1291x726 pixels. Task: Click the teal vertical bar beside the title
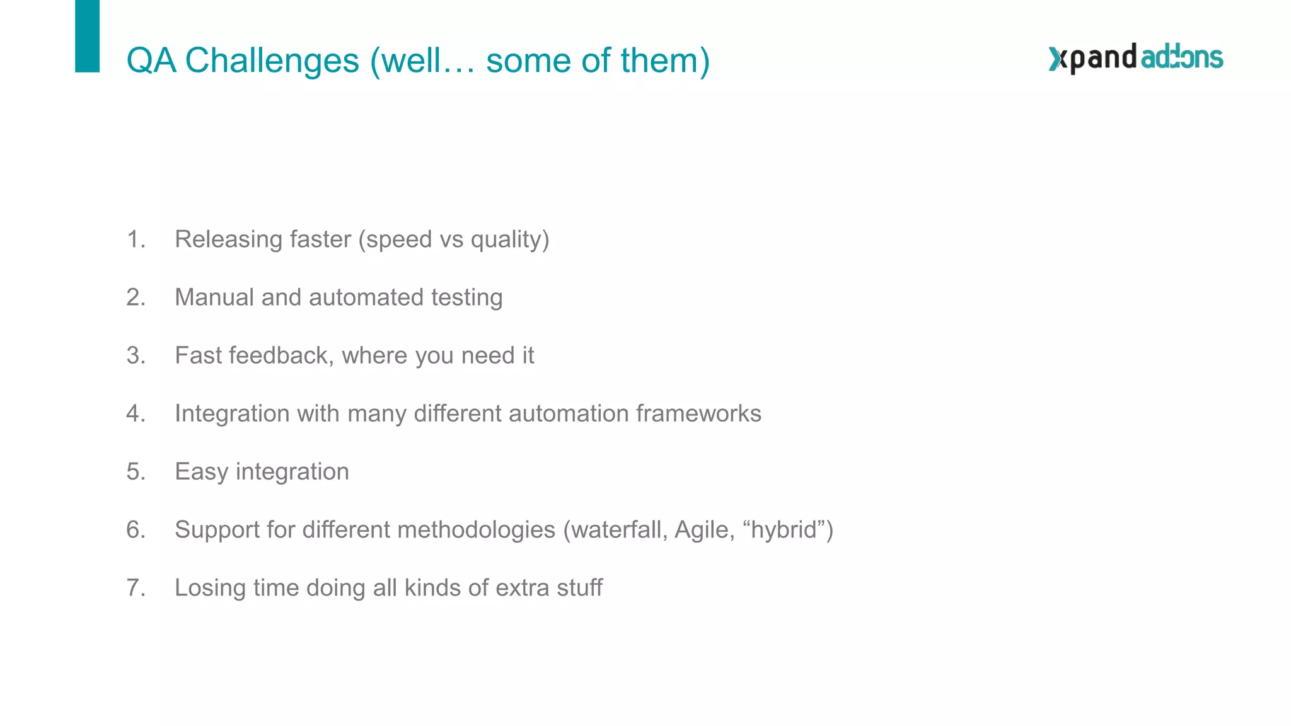[87, 36]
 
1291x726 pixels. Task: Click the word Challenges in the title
[272, 61]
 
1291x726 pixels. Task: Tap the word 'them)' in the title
[664, 61]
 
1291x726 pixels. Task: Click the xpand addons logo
[1135, 58]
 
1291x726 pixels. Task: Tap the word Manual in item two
[214, 297]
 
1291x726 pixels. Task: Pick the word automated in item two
[366, 297]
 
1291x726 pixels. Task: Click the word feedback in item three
[278, 355]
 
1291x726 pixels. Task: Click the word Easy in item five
[201, 472]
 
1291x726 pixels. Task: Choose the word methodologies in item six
[476, 529]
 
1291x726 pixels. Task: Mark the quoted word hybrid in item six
[784, 529]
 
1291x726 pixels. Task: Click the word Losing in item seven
[210, 587]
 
